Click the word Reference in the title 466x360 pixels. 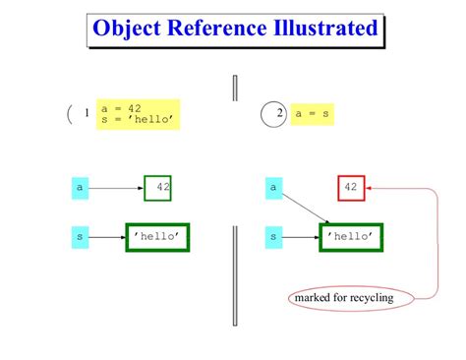pyautogui.click(x=213, y=29)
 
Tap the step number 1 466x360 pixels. pyautogui.click(x=87, y=114)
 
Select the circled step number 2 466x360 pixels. pyautogui.click(x=279, y=114)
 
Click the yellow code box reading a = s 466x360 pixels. pyautogui.click(x=313, y=114)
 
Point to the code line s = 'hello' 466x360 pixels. pyautogui.click(x=137, y=120)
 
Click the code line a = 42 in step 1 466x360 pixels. pyautogui.click(x=124, y=108)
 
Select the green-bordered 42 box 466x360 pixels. pyautogui.click(x=158, y=185)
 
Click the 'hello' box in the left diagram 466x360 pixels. pyautogui.click(x=156, y=237)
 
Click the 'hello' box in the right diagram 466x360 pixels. pyautogui.click(x=350, y=237)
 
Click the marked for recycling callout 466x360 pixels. pyautogui.click(x=343, y=298)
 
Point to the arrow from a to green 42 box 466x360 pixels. pyautogui.click(x=116, y=185)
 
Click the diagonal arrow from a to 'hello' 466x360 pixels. pyautogui.click(x=306, y=208)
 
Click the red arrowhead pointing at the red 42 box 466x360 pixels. pyautogui.click(x=372, y=185)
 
